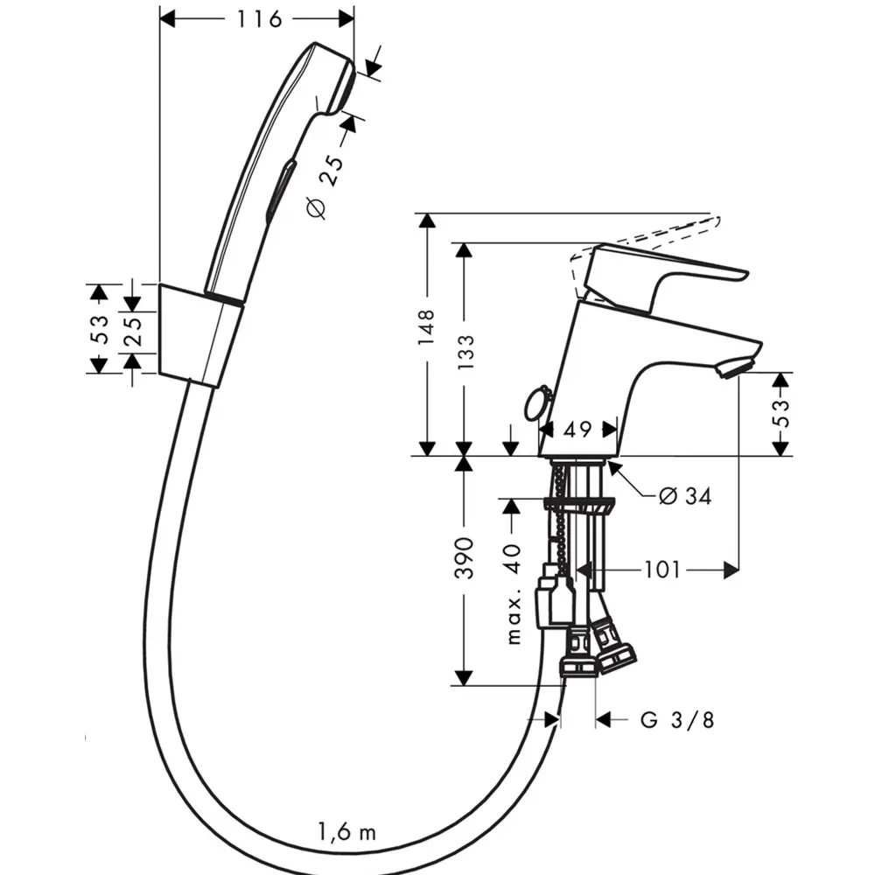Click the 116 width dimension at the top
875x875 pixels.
pyautogui.click(x=257, y=18)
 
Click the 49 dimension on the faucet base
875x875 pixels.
pyautogui.click(x=578, y=429)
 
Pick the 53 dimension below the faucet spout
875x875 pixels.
pyautogui.click(x=780, y=412)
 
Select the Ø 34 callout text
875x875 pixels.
pyautogui.click(x=684, y=497)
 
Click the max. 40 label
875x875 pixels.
pyautogui.click(x=514, y=591)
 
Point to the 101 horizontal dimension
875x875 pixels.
pyautogui.click(x=662, y=570)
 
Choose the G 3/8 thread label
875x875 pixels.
pyautogui.click(x=676, y=720)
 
